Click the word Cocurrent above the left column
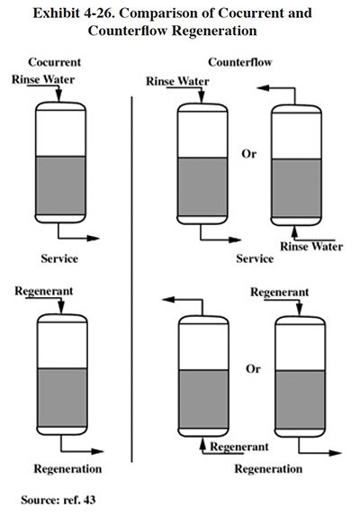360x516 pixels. pos(55,62)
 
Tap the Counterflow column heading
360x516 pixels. pos(240,62)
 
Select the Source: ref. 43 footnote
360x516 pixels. pos(58,500)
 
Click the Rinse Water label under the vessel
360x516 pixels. pos(311,247)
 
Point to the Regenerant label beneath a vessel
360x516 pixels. pos(239,447)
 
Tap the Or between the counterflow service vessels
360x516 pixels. pos(249,154)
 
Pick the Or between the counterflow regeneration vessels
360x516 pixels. pos(253,368)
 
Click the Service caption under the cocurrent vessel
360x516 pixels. pos(59,258)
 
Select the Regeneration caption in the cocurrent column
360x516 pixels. pos(67,468)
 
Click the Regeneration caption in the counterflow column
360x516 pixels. pos(268,468)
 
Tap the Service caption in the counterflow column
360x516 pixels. pos(255,258)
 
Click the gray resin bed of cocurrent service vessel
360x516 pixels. pos(60,186)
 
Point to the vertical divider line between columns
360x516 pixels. pos(131,279)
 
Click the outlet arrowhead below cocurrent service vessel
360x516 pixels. pos(94,239)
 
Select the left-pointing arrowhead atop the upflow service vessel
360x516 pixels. pos(263,88)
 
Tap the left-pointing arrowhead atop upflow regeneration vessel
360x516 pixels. pos(169,300)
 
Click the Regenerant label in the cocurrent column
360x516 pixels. pos(44,291)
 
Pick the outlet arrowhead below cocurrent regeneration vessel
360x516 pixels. pos(97,451)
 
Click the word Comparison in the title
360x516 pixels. pos(165,14)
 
